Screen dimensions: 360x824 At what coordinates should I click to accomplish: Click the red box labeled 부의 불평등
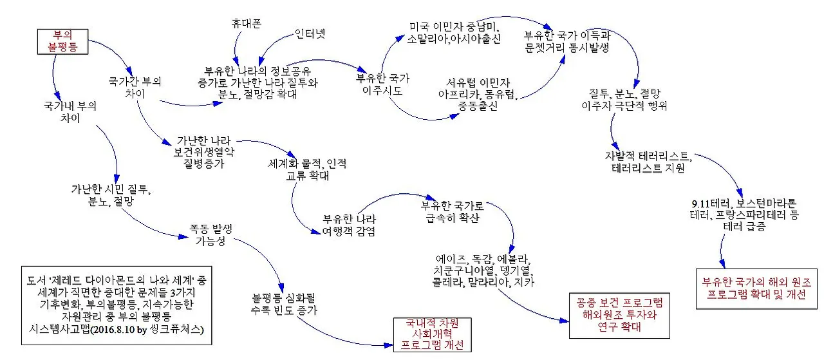[x=62, y=40]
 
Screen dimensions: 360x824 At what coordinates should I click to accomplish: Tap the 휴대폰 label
[x=246, y=23]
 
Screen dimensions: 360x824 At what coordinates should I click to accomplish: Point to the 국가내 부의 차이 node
[x=70, y=112]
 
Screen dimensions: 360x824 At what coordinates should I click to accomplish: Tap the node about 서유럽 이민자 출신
[x=478, y=95]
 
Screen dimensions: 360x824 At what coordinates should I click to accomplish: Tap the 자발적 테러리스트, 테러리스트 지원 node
[x=651, y=162]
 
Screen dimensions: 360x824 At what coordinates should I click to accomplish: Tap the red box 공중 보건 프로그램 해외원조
[x=617, y=316]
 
